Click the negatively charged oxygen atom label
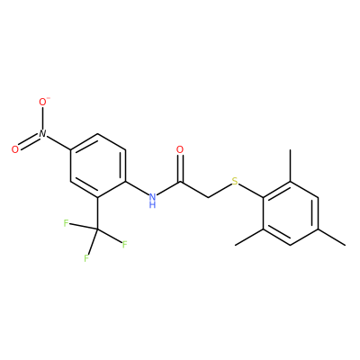pos(43,102)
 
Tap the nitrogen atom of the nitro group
pos(42,134)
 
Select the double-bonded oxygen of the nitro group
pos(14,149)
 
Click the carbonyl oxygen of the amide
pos(180,149)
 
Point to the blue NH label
pos(153,201)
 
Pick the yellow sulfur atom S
pos(235,181)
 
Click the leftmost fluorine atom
pos(66,223)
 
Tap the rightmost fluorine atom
pos(125,245)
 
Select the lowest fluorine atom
pos(86,258)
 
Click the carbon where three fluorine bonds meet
pos(97,229)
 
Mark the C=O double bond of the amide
pos(180,168)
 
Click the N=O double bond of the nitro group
pos(29,142)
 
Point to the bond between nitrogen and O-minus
pos(42,118)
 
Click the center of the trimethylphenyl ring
pos(291,213)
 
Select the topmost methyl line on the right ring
pos(291,166)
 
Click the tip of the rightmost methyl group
pos(345,246)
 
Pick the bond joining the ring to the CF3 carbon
pos(97,213)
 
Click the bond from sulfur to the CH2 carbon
pos(220,190)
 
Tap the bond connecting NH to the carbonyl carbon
pos(168,189)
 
